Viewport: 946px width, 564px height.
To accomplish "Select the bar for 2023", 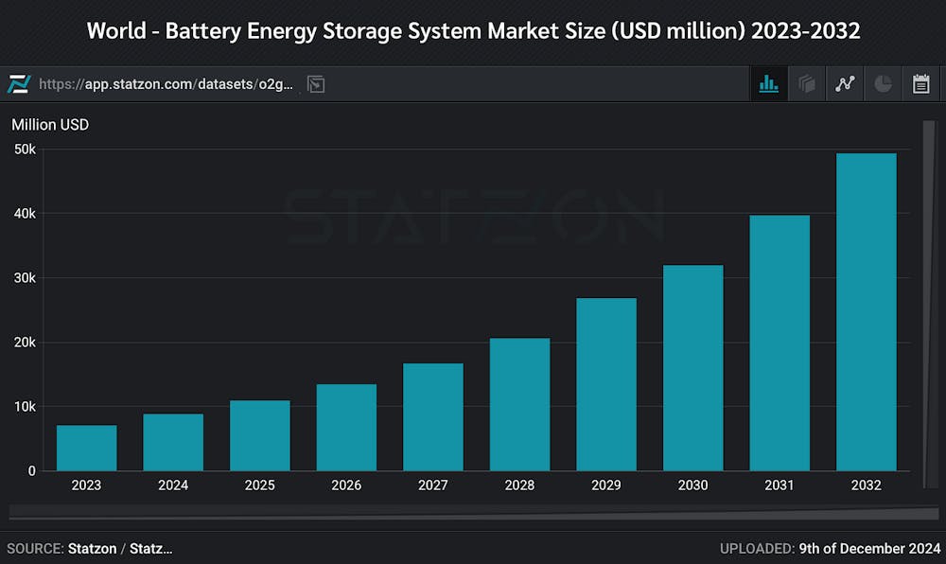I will pos(86,448).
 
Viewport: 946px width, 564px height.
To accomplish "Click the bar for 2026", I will pos(346,427).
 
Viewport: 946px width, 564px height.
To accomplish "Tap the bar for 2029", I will pos(606,384).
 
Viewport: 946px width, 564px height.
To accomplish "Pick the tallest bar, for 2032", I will pos(866,312).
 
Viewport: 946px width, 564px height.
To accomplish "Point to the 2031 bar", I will pos(780,343).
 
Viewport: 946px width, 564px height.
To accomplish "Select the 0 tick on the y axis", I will pos(31,470).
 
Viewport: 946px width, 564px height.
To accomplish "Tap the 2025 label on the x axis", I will pos(260,485).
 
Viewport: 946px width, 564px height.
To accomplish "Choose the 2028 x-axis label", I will pos(519,485).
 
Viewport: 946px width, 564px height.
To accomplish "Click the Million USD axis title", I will pos(50,124).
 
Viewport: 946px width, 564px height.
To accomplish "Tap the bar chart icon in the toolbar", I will pos(768,84).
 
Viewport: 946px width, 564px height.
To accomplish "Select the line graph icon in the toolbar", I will pos(845,84).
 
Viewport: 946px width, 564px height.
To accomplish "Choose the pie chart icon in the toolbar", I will pos(883,84).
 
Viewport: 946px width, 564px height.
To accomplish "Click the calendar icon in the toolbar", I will pos(920,84).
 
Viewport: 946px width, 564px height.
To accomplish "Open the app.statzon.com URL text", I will pos(166,84).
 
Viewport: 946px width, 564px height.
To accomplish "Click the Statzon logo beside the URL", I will pos(19,84).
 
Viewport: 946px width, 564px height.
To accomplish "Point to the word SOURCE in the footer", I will pos(34,548).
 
